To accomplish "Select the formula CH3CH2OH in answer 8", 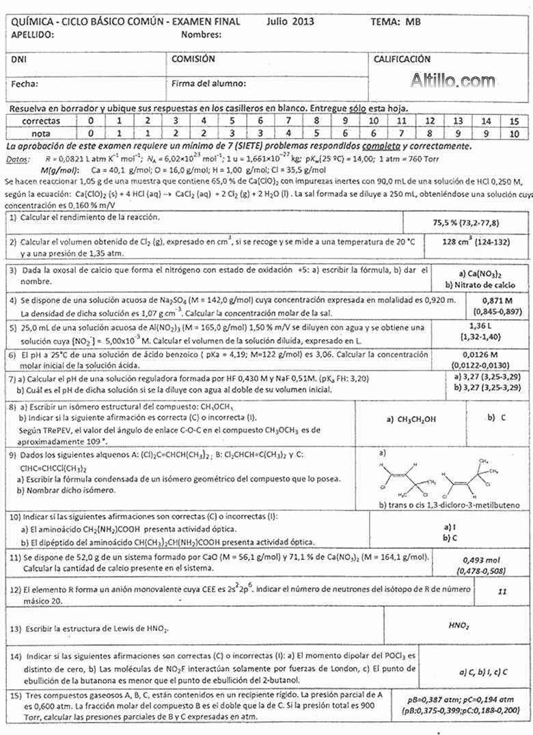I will tap(410, 419).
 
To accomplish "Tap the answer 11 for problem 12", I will tap(502, 591).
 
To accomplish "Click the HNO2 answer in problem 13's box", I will tap(459, 625).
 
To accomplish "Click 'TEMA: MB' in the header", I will tap(396, 21).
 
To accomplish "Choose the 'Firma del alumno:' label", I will tap(208, 84).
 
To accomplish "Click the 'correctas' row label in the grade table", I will tap(40, 120).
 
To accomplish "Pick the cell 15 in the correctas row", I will tap(514, 120).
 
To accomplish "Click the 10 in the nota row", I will tap(514, 133).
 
